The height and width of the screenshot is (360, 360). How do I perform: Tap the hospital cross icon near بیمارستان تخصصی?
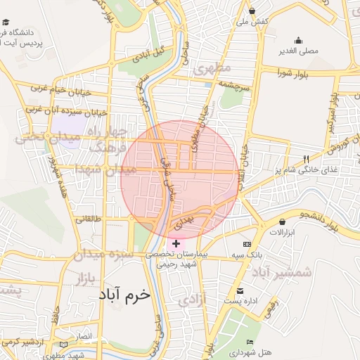(175, 243)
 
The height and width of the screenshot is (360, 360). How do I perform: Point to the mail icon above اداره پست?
(240, 291)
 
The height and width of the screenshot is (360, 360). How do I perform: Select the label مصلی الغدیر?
(302, 51)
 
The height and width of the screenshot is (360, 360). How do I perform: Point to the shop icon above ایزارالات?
(281, 222)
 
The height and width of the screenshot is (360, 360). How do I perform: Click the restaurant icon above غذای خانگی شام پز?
(306, 159)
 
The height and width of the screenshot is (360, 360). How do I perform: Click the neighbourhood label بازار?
(82, 278)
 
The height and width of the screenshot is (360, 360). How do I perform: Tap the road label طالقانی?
(92, 219)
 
